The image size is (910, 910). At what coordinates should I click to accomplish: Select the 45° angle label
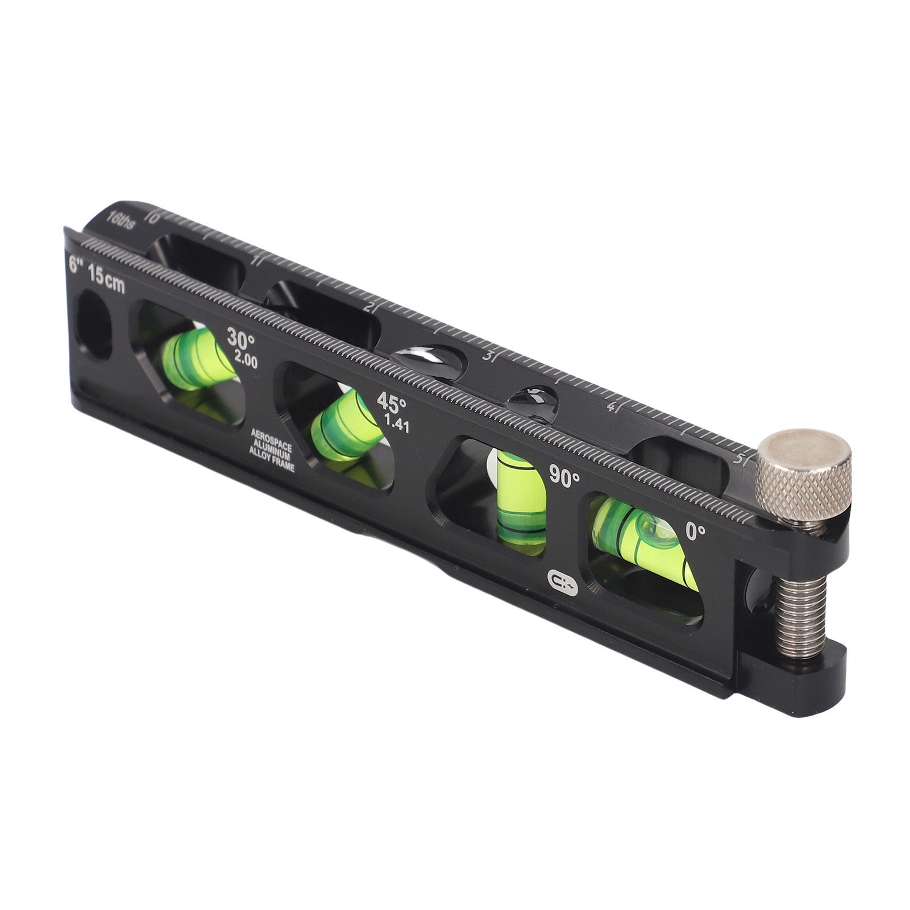click(x=392, y=404)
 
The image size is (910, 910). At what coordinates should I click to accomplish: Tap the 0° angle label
click(x=696, y=532)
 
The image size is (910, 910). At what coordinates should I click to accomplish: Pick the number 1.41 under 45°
click(x=397, y=424)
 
